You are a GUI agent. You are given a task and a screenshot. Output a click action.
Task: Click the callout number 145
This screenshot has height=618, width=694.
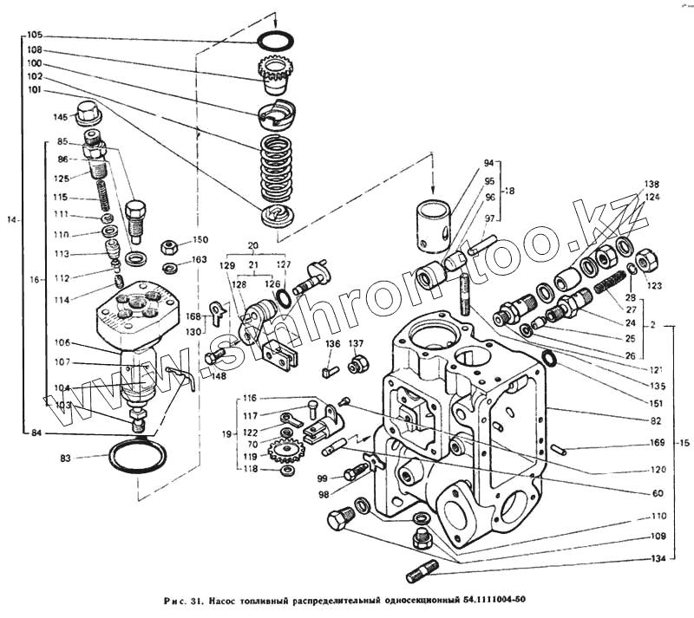[60, 117]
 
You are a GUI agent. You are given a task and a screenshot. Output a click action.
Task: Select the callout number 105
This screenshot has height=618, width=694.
[34, 36]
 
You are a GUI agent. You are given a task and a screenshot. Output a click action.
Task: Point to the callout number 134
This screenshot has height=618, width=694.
[660, 558]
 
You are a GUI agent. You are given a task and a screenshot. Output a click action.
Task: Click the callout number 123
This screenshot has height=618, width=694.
[653, 284]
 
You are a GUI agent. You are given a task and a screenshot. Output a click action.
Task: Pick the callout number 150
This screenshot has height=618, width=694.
[200, 240]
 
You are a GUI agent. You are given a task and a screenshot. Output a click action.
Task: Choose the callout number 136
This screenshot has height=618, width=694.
[333, 344]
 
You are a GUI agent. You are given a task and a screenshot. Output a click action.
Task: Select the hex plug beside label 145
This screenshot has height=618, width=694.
[88, 112]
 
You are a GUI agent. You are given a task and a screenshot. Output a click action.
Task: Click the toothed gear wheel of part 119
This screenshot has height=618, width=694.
[285, 451]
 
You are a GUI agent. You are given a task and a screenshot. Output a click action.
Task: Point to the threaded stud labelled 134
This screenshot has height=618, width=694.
[422, 572]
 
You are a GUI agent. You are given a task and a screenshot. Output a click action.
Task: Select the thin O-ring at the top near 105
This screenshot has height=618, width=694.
[274, 41]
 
